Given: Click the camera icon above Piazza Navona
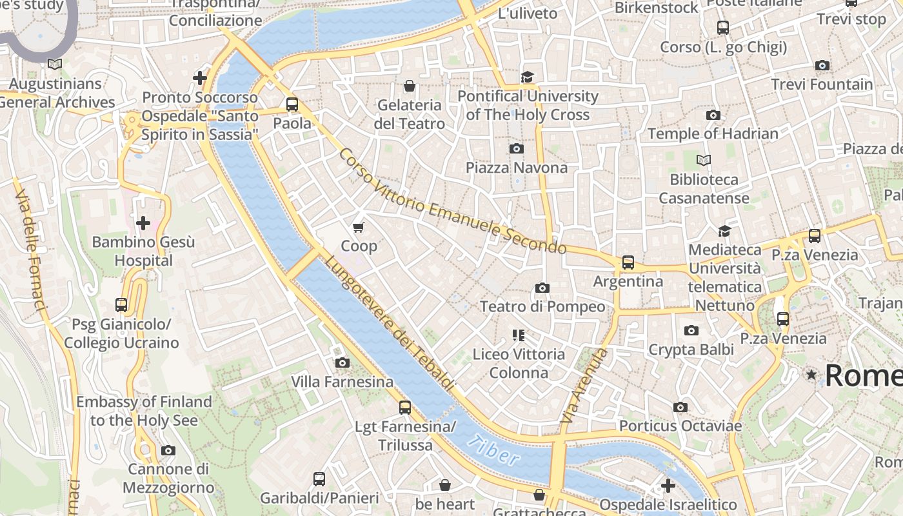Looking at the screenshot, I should pos(516,149).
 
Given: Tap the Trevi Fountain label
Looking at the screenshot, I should pos(822,84).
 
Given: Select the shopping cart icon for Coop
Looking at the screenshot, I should pos(359,227).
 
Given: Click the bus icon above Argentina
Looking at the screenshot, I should pos(628,263).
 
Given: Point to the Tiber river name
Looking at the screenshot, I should pos(493,450).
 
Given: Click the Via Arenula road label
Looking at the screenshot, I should pos(584,386).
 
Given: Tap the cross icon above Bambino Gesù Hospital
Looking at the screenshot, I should pos(143,223).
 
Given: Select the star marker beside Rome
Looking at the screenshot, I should pos(811,375).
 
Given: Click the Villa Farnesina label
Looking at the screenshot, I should pos(342,382).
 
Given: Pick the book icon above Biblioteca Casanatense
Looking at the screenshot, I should pos(704,160).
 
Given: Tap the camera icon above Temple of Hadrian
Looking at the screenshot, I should pos(713,115).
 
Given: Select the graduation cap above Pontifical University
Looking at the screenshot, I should pos(528,77).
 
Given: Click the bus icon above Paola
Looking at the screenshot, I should pos(292,104).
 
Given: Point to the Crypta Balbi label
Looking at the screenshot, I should pos(691,350).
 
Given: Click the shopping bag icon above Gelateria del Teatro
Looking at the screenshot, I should pos(409,86).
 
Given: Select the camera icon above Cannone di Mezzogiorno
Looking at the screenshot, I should pos(168,450).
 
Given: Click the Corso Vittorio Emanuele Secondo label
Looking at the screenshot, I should pos(451,201).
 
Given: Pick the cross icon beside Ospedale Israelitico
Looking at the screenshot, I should pos(668,485).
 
